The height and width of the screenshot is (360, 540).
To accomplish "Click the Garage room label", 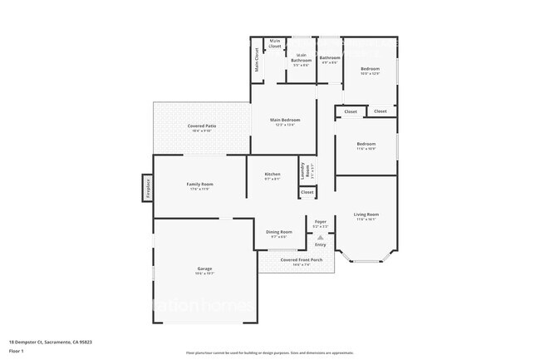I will (205, 269).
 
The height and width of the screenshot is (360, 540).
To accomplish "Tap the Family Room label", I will (199, 185).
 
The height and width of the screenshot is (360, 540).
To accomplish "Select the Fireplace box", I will (147, 189).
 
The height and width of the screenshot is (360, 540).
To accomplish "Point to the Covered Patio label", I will (202, 126).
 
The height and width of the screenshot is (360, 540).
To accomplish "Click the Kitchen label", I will (272, 175).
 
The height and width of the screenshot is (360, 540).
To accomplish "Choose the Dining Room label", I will (279, 232).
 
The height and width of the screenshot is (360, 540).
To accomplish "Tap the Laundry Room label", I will (307, 171).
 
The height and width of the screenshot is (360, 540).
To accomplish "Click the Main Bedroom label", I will (285, 121).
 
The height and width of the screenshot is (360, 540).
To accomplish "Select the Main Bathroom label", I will (301, 58).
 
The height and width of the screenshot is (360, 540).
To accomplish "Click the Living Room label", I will (366, 215).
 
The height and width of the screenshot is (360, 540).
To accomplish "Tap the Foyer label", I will (321, 222).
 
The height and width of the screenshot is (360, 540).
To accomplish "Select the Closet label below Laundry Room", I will (307, 192).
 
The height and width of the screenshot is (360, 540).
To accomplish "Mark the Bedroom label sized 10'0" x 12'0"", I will (370, 69).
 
